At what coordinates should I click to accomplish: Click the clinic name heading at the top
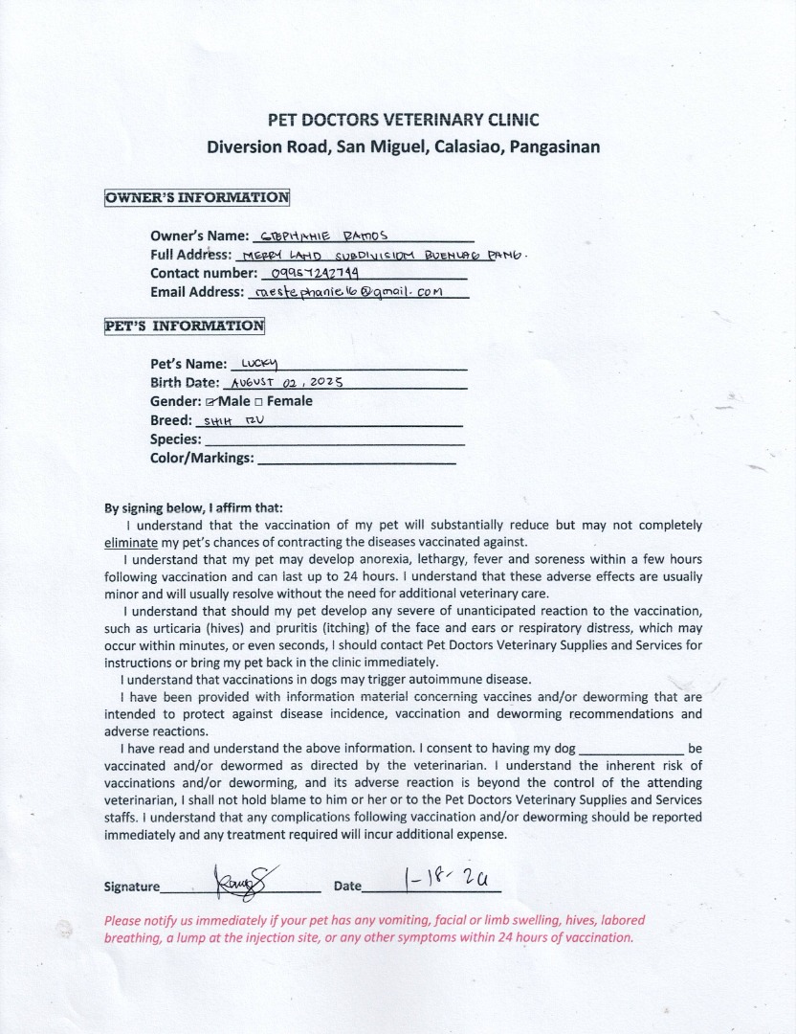pos(403,120)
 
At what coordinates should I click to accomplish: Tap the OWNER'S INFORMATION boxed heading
pos(197,198)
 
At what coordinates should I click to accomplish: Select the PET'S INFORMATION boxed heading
pos(184,326)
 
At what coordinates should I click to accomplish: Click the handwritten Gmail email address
pos(346,293)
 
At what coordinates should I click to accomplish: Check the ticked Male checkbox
pos(210,402)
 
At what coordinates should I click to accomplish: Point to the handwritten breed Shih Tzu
pos(226,420)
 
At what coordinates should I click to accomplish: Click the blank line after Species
pos(335,442)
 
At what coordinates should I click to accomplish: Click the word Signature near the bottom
pos(132,887)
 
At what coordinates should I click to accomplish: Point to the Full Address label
pos(190,255)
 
